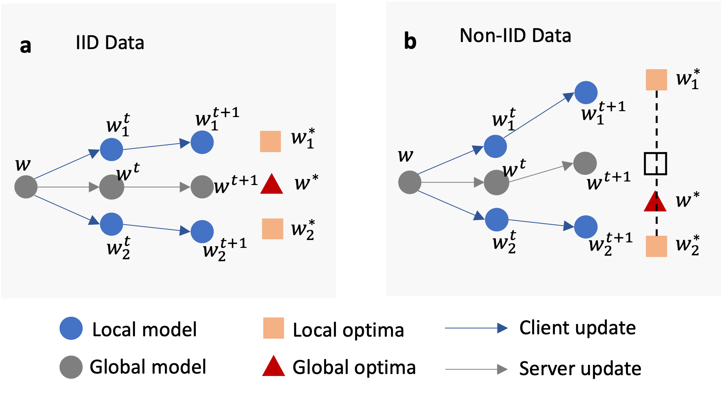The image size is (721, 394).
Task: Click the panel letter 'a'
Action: (x=26, y=46)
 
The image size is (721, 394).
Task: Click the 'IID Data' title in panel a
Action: (x=110, y=42)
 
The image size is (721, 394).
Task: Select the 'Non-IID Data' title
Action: (x=515, y=36)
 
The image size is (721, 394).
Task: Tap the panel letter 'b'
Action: (x=410, y=42)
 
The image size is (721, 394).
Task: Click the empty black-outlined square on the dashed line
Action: (x=655, y=163)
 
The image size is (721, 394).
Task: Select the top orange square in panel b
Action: (x=656, y=80)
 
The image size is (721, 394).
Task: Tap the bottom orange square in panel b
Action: (x=656, y=246)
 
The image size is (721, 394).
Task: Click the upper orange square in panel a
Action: (x=270, y=141)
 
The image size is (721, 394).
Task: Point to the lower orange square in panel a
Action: (x=272, y=229)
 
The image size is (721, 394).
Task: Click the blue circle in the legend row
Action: (x=71, y=328)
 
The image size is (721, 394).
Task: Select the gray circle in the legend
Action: (x=71, y=367)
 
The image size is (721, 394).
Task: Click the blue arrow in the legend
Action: (x=476, y=328)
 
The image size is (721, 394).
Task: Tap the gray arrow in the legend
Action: (x=476, y=369)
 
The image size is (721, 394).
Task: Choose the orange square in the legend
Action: (x=273, y=328)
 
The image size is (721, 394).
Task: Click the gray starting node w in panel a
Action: (x=26, y=187)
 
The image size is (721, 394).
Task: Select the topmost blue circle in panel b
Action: (x=586, y=93)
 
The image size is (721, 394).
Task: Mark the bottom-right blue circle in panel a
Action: (x=202, y=231)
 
